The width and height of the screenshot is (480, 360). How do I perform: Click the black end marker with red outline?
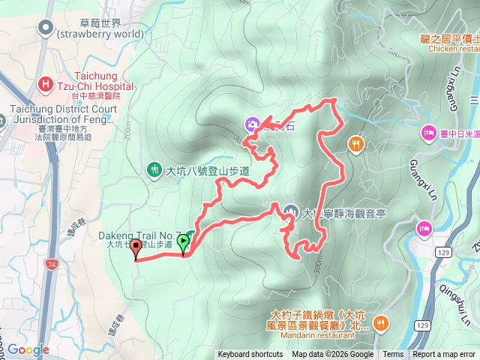pos(136,248)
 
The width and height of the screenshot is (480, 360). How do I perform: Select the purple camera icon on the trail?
pos(253,124)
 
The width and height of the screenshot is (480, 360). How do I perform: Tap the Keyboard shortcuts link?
pos(250,355)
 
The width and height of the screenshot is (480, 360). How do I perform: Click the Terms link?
pos(393,355)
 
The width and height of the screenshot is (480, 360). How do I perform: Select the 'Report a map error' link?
pos(444,355)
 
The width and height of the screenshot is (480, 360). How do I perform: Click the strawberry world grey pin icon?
pos(46,28)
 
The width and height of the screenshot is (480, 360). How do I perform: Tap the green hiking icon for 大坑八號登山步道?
pos(154,170)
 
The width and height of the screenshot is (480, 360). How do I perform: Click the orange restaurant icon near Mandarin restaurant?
pos(381,322)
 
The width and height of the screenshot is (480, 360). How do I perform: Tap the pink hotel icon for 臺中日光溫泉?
pos(428,133)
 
